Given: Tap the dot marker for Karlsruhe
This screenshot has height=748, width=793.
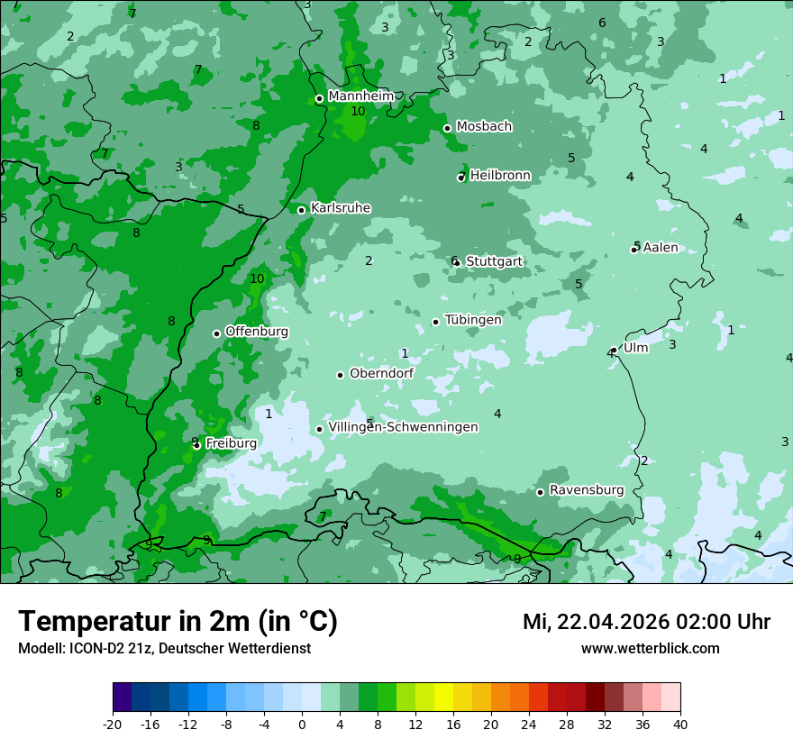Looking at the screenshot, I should coord(302,210).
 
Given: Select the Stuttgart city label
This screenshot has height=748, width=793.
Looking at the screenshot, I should coord(494,261).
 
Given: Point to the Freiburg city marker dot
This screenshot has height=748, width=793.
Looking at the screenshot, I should coord(196,445).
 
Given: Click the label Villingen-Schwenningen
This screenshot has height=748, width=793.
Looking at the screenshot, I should coord(403,427).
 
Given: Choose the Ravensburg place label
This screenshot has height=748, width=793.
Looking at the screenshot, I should coord(586,490).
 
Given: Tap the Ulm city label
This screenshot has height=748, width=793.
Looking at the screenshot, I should coord(635,348).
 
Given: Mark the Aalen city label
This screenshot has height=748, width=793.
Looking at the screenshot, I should coord(661,248).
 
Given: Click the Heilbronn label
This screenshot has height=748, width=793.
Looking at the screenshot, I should coord(500,176).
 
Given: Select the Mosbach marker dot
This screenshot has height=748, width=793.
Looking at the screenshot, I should coord(447,128).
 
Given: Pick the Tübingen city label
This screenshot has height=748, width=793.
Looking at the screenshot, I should coord(473,320).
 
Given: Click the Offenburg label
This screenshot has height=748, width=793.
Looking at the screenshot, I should coord(257,332).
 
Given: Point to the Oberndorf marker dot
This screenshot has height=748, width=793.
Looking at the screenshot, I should coord(340,375).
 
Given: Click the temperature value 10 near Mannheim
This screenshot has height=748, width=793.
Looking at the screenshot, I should coord(358,112).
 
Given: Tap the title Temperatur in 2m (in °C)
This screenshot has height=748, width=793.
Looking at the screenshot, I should coord(178,621).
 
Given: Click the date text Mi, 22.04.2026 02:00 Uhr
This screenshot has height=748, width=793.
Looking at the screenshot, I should coord(646,622).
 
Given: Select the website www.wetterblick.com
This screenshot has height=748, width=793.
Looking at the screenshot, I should coord(650,649).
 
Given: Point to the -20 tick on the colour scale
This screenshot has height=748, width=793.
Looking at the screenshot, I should coord(113,723).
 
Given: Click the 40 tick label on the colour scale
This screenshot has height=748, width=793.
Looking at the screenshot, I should coord(680,723).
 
